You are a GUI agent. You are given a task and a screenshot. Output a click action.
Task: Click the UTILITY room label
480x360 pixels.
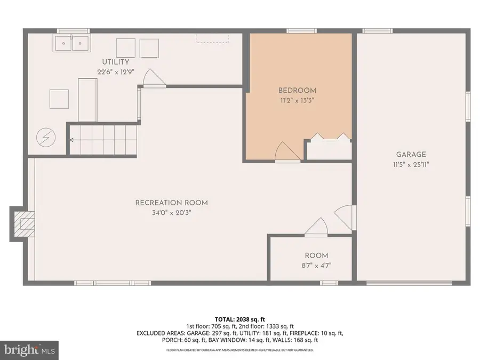116,62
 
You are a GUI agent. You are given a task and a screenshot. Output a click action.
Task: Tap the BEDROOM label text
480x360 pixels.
297,90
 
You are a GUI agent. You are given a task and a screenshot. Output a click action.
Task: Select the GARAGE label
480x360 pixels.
410,155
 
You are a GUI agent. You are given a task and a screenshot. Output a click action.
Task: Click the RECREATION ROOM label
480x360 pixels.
171,203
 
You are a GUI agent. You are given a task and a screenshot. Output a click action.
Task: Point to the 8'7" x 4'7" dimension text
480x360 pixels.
316,266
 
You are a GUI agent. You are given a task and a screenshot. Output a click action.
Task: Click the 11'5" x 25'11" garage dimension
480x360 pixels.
410,165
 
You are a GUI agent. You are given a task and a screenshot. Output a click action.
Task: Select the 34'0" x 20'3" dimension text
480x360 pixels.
171,212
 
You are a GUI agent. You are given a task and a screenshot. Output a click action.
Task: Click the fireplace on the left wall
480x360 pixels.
23,223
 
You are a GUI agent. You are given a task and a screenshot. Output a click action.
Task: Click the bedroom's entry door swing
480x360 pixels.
286,153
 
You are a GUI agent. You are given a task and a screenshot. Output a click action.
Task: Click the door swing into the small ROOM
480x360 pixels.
317,227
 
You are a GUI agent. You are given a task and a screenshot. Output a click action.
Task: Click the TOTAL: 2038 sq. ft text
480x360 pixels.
239,319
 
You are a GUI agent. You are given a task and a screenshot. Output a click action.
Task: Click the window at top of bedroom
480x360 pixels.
300,30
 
